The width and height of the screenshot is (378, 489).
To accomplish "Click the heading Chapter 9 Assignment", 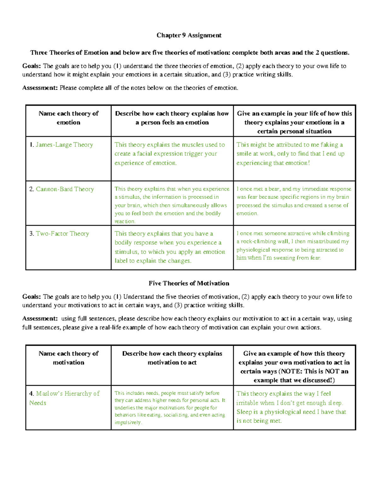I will [x=189, y=35].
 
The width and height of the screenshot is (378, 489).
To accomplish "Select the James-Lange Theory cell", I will [x=64, y=145].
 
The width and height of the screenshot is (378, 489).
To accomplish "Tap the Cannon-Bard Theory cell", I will [x=65, y=189].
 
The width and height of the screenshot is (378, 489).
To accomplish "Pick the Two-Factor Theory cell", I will [x=62, y=234].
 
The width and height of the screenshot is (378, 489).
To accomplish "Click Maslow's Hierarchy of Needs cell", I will [x=64, y=398].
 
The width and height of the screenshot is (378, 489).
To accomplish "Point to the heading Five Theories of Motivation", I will [x=189, y=283].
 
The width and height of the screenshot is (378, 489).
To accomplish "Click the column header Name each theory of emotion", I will [x=68, y=118].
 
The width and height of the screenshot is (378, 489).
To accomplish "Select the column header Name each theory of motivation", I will [x=68, y=358].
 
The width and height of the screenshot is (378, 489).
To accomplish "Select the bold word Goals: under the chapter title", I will [x=31, y=66].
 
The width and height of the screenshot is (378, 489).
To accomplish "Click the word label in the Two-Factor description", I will [x=121, y=261].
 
